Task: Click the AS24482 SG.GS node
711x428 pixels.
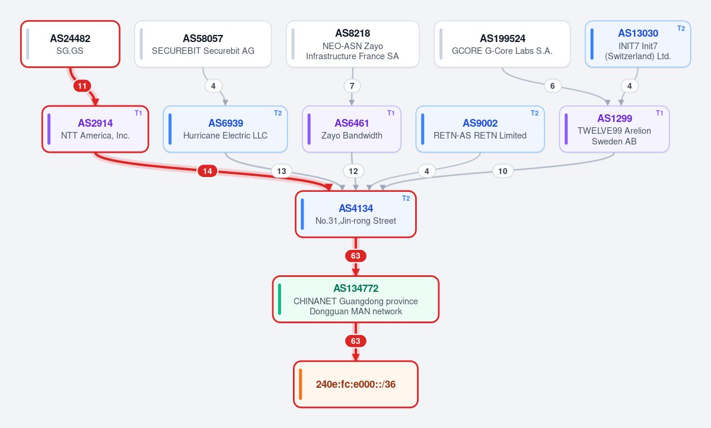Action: pos(71,44)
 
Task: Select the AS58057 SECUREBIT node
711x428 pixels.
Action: pos(203,44)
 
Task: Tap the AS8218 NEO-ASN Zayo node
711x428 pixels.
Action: pos(353,44)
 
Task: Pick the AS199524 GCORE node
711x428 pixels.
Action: pos(502,44)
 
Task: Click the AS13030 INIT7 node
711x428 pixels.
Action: pos(637,44)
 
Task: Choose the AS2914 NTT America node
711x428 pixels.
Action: pos(95,129)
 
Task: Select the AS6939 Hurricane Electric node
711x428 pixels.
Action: pos(225,129)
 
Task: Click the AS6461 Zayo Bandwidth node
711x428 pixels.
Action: pos(352,129)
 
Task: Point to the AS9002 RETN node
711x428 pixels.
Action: pos(480,129)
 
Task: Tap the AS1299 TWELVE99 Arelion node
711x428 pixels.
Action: pos(614,129)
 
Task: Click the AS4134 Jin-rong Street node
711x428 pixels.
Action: pos(356,214)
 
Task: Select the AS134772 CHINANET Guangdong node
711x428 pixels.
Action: pos(356,299)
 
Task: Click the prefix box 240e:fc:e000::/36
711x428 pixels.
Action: pos(356,384)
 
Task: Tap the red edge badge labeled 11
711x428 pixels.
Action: pos(82,86)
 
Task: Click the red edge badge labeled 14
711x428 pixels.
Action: pos(207,171)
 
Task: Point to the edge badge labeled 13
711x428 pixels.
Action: pos(282,171)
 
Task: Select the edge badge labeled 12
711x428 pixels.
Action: pos(353,171)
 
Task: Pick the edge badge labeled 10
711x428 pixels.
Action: pos(502,171)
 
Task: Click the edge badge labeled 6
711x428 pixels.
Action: pos(552,86)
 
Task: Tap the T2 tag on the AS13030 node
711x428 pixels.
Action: pos(681,28)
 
